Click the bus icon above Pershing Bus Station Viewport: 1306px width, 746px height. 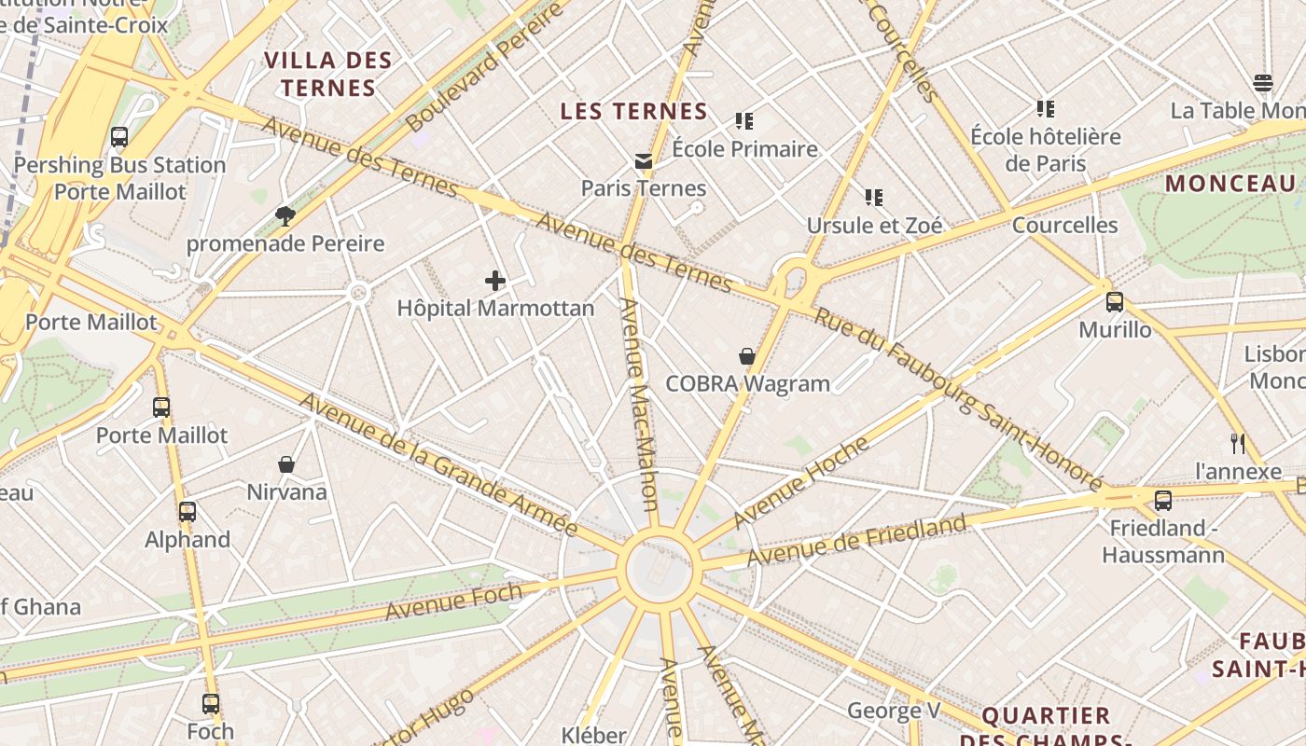point(119,137)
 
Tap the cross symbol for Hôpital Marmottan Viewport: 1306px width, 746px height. point(495,280)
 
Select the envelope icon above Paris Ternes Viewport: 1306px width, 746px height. point(644,161)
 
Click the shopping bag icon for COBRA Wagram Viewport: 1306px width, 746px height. point(747,356)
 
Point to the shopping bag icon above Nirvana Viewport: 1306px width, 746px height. point(286,464)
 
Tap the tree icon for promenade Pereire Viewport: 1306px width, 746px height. point(285,217)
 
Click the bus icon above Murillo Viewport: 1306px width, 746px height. point(1115,302)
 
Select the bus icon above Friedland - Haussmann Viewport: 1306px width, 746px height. point(1163,501)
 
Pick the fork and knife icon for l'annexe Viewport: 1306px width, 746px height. point(1238,444)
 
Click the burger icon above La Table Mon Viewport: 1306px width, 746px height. point(1263,83)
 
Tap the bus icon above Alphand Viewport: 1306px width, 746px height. point(188,512)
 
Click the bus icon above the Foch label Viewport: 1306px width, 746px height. point(211,704)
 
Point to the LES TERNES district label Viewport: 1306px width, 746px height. point(633,112)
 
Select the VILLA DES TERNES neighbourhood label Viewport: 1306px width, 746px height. point(327,75)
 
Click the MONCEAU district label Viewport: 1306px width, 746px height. point(1230,184)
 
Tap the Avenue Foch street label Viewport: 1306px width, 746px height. point(454,601)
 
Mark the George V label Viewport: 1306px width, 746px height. point(894,711)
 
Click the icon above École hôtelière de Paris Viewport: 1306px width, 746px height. point(1045,109)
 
